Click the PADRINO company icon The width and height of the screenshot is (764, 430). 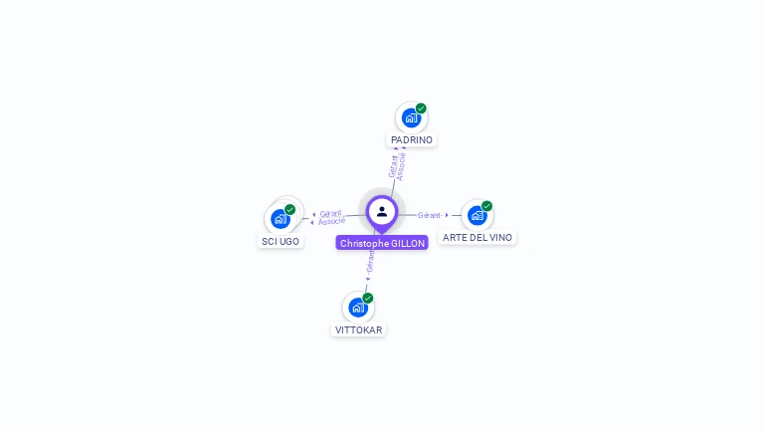tap(411, 118)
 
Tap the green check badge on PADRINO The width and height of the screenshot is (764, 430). tap(421, 108)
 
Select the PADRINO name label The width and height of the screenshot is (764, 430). tap(412, 140)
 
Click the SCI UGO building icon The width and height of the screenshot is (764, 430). tap(281, 218)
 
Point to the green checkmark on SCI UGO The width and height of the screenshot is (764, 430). tap(289, 210)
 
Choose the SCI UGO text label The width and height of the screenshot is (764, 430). tap(281, 241)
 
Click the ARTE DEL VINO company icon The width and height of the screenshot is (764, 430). tap(477, 215)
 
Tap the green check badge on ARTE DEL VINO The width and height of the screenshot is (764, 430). tap(486, 206)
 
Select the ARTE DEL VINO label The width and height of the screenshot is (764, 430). tap(477, 238)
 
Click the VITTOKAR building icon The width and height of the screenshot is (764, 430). tap(358, 308)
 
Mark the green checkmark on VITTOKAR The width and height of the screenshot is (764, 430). tap(368, 299)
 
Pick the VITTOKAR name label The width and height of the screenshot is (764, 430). tap(358, 329)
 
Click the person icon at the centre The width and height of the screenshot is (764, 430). tap(382, 212)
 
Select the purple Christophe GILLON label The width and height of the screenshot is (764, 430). tap(382, 243)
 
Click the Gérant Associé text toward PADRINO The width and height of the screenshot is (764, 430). tap(397, 165)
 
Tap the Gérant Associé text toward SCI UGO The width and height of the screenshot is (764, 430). tap(331, 217)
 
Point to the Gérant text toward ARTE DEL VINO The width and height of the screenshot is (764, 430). tap(429, 215)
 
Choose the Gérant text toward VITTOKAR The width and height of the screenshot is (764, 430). tap(370, 262)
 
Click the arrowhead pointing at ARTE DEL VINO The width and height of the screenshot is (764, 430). tap(447, 215)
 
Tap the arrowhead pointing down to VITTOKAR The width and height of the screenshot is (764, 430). tap(367, 280)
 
